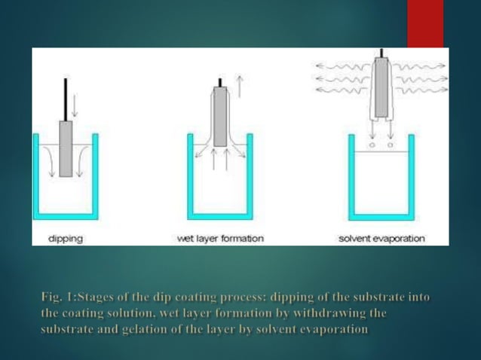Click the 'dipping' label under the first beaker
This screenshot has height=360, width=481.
(x=66, y=238)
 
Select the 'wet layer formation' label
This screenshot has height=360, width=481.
(x=219, y=238)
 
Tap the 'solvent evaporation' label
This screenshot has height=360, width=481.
(x=381, y=238)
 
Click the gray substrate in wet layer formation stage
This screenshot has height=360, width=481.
(x=219, y=116)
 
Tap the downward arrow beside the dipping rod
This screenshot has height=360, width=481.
(x=75, y=105)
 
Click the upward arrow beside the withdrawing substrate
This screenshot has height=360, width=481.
(x=238, y=86)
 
